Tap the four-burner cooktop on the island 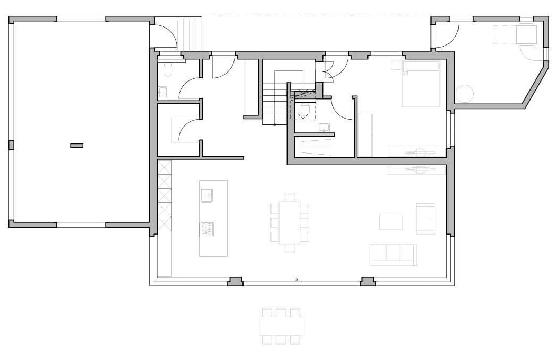207,229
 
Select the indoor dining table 290,222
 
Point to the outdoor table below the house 281,326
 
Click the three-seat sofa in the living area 393,254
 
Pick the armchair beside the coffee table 425,218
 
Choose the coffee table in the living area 391,222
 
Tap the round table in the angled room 464,94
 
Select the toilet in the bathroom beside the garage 168,70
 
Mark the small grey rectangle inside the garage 77,145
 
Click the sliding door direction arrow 273,280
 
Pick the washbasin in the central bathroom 325,127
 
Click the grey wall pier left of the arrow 235,282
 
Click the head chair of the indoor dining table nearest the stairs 290,197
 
